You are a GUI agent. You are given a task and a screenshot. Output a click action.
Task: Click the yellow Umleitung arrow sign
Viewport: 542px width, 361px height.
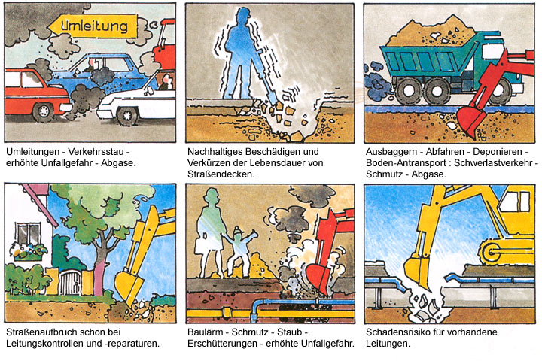[x=93, y=26]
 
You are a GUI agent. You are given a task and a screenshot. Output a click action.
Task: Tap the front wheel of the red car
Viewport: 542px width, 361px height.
[x=43, y=111]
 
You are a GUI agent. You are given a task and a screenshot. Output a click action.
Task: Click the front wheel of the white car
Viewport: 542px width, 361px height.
[x=127, y=115]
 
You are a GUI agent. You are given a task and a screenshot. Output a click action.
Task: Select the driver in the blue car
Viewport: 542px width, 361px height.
[x=90, y=65]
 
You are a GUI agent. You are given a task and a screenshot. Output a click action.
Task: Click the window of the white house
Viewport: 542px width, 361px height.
[x=28, y=235]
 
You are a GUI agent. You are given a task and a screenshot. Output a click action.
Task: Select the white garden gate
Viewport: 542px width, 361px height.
[x=69, y=282]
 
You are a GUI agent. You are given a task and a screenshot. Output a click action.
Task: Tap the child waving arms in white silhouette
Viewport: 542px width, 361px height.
[x=239, y=251]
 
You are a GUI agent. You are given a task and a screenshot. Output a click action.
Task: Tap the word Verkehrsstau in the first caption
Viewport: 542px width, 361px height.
[x=96, y=152]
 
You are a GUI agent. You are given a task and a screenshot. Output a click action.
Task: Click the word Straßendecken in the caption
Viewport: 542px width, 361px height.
[x=221, y=174]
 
